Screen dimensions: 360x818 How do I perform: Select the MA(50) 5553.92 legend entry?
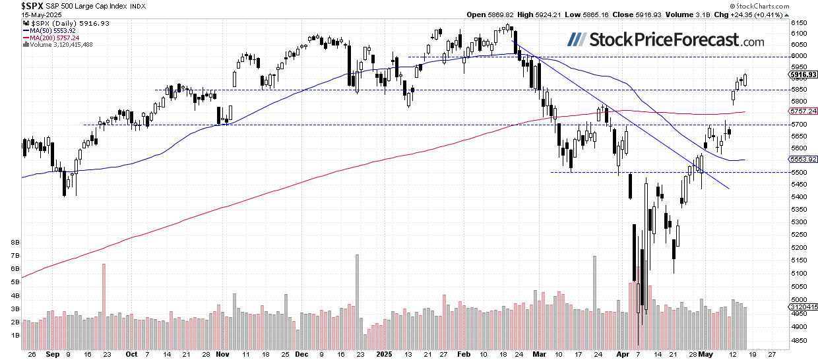coord(50,30)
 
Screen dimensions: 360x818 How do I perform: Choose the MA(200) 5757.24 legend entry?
coord(52,38)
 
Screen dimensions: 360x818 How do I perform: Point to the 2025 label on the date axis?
coord(383,354)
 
